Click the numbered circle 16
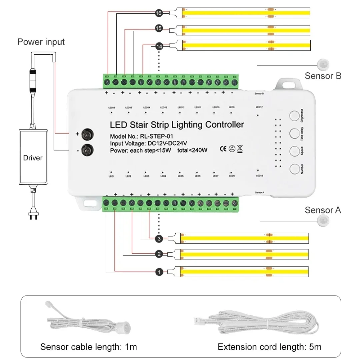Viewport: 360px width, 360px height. click(x=159, y=13)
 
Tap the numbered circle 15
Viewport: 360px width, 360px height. click(x=159, y=29)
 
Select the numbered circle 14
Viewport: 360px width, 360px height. click(x=159, y=46)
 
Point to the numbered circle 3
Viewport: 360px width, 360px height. click(x=159, y=238)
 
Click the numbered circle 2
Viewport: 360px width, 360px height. click(x=159, y=254)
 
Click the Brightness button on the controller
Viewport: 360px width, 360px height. click(x=294, y=116)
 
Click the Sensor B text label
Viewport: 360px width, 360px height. click(x=323, y=76)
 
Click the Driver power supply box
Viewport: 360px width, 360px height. click(x=33, y=157)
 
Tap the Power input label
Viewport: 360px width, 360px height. click(x=41, y=42)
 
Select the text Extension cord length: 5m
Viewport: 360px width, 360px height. click(x=269, y=347)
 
